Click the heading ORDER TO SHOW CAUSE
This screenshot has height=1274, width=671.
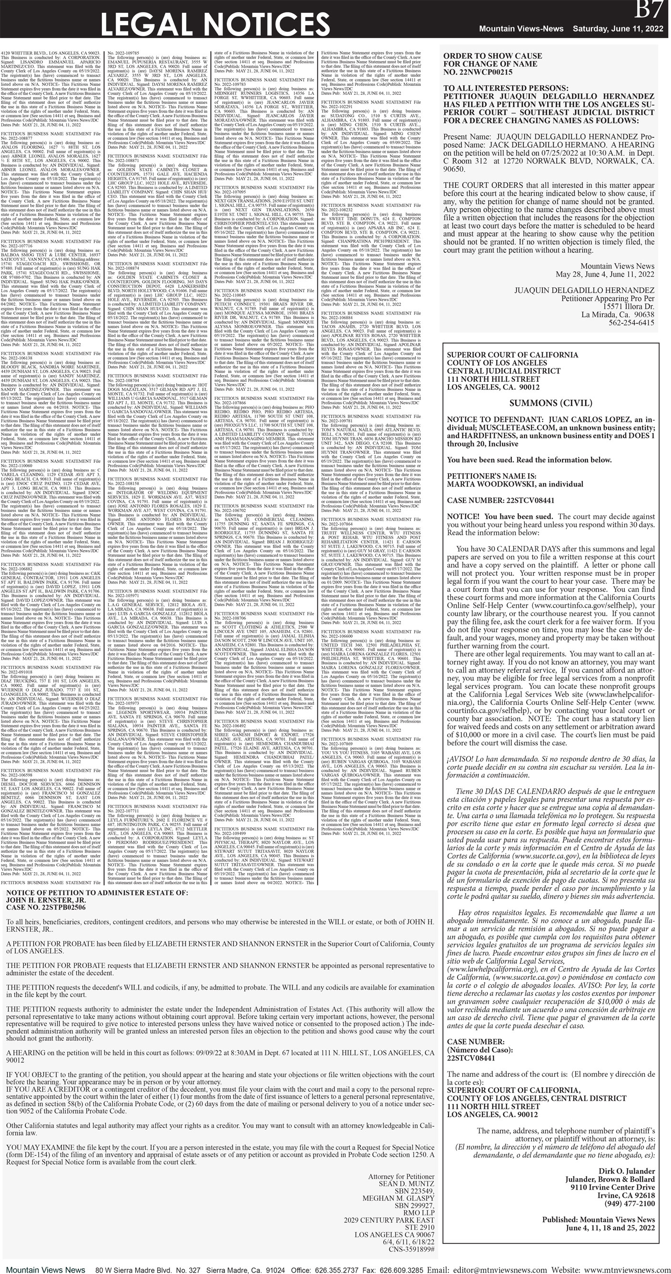492,56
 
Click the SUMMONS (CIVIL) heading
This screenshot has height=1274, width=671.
550,403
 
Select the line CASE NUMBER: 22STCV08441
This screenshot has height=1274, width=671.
500,500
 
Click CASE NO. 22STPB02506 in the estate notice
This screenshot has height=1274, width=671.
46,907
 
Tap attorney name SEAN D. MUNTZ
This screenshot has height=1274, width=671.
406,1183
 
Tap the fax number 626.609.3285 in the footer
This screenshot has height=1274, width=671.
401,1266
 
